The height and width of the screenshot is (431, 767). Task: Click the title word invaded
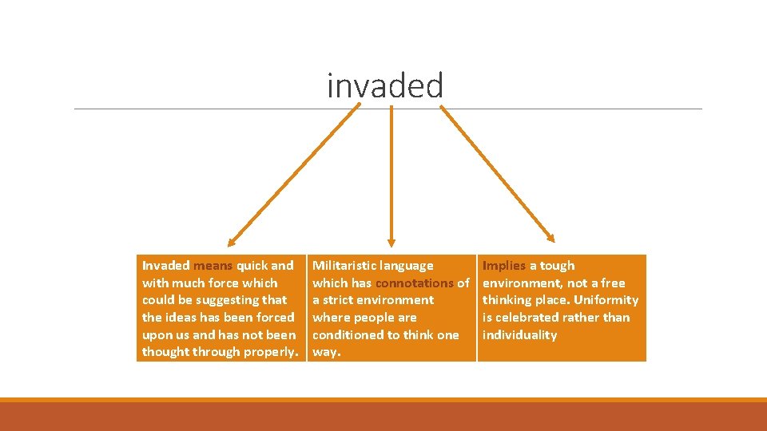pos(385,85)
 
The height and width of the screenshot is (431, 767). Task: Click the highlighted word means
pos(213,266)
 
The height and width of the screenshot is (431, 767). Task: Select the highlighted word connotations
pos(414,283)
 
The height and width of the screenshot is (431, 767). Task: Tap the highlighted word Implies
pos(504,266)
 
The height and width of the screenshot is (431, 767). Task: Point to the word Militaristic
pos(344,266)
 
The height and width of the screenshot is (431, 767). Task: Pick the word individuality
pos(519,335)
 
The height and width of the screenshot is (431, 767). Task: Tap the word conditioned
pos(348,335)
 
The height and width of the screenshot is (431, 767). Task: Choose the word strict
pos(339,300)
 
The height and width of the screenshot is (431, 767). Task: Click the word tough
pos(557,266)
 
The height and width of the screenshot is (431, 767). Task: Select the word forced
pos(274,318)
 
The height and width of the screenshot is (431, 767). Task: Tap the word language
pos(407,266)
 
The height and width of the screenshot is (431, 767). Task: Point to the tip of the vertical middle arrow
pos(391,242)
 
